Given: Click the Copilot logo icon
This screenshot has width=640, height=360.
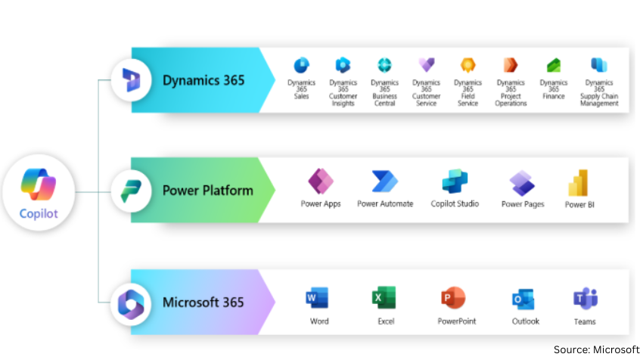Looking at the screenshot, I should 39,184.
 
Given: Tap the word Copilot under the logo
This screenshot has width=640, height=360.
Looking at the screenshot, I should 39,213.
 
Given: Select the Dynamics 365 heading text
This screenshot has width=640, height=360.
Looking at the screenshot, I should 203,80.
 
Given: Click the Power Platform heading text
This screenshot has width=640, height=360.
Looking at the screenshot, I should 208,190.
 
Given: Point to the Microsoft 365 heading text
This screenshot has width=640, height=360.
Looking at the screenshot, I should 203,303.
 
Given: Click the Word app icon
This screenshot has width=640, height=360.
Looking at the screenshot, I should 319,299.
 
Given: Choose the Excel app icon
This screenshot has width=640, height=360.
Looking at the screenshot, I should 385,299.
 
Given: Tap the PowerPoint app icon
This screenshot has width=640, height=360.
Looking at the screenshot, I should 453,298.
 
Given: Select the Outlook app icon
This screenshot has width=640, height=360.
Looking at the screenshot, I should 525,299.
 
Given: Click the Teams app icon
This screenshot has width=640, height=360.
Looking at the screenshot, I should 585,299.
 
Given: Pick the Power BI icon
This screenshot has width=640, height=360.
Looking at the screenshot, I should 579,183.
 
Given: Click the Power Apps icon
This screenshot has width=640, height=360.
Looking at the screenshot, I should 321,182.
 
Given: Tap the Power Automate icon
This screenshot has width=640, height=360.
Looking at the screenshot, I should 385,182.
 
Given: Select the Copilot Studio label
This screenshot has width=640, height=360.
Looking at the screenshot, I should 455,204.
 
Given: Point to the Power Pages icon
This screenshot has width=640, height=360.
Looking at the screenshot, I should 522,183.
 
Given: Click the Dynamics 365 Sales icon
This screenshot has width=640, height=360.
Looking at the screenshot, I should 301,65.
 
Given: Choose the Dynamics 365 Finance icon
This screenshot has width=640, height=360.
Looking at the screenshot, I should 554,66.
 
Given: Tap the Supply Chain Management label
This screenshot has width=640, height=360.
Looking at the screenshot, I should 599,100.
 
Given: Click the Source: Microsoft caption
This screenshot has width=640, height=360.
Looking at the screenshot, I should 596,349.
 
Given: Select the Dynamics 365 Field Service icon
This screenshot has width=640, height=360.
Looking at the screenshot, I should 468,65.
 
